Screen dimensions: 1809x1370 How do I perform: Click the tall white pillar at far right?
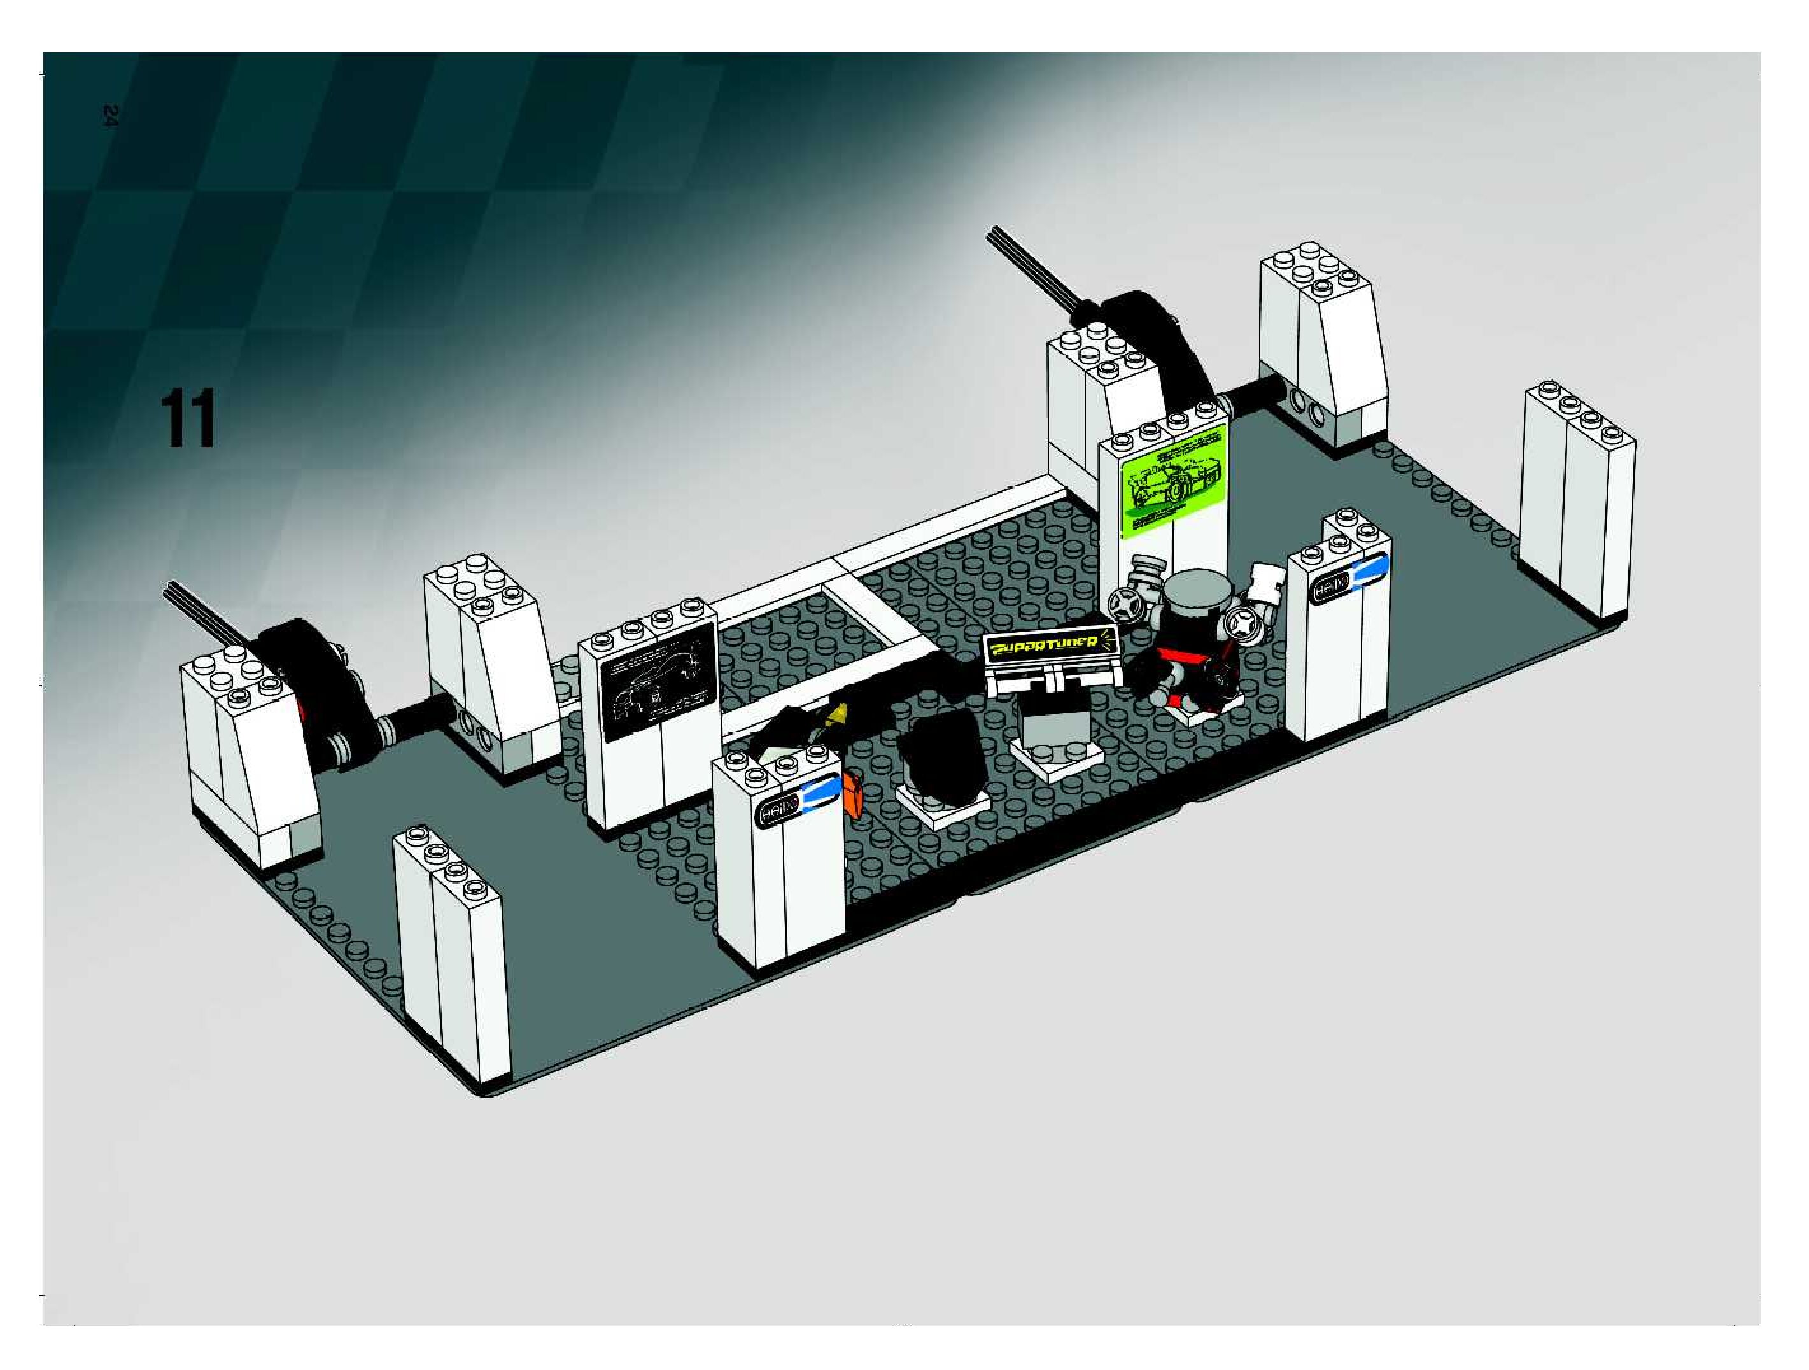click(x=1577, y=507)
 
